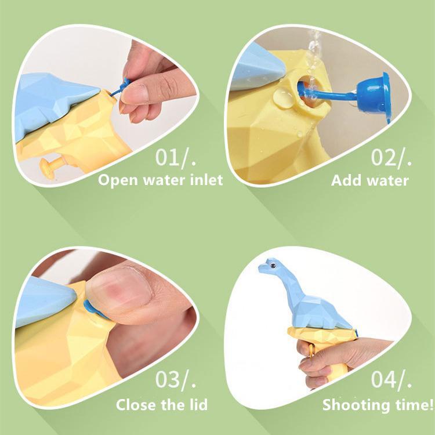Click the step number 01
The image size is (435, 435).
coord(168,157)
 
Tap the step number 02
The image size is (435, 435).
coord(384,157)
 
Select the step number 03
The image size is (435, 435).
coord(168,379)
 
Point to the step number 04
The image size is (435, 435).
coord(384,379)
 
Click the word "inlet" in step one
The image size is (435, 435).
coord(206,180)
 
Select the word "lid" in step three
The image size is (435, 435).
coord(197,405)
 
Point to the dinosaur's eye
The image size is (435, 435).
coord(273,266)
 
